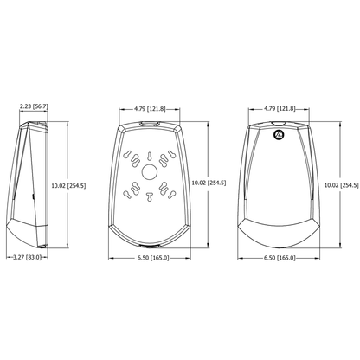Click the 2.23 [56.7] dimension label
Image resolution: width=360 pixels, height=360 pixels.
click(34, 106)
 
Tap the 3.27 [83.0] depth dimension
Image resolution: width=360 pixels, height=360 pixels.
click(28, 257)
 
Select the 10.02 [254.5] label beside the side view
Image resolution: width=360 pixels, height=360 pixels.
click(68, 185)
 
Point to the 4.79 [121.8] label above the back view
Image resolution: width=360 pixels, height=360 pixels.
click(150, 109)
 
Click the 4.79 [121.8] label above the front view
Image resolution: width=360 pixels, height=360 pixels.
click(280, 109)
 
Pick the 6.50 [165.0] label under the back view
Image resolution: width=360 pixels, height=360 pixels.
click(153, 258)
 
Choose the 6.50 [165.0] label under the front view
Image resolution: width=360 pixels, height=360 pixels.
click(280, 258)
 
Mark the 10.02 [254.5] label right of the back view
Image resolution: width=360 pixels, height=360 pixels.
click(209, 183)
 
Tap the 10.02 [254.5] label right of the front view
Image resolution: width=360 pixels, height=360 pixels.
click(342, 185)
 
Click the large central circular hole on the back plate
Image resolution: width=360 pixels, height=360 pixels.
click(150, 172)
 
